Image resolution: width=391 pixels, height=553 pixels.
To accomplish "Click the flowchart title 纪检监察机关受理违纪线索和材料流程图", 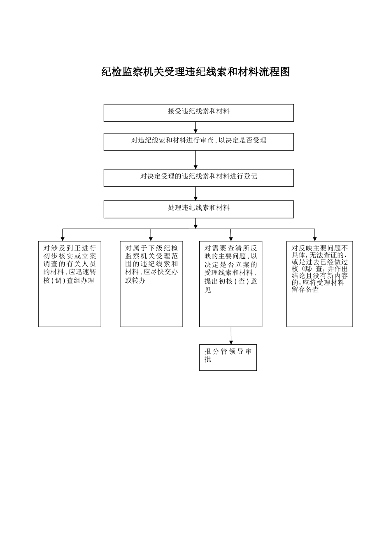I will (x=195, y=72).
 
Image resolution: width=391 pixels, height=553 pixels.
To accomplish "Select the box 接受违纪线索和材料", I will (x=198, y=113).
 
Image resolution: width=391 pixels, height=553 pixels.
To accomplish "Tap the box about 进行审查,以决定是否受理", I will (x=198, y=142).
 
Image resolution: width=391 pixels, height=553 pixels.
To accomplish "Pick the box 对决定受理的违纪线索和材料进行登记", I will (x=198, y=178).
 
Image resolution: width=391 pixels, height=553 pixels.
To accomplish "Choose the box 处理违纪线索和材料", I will (x=198, y=209).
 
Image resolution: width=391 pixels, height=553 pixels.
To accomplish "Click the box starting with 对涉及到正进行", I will (x=70, y=284).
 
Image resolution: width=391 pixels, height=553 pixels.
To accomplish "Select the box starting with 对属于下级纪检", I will (x=151, y=284).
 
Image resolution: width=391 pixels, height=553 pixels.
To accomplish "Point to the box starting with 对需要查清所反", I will (x=230, y=284).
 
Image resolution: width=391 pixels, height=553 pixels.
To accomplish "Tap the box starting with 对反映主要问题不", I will (x=319, y=284).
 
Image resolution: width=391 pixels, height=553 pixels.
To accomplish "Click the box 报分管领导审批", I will (x=228, y=357).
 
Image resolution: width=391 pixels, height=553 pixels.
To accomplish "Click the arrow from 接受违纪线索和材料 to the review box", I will (x=195, y=128).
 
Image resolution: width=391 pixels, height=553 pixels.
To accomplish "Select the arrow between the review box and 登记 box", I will (x=195, y=160).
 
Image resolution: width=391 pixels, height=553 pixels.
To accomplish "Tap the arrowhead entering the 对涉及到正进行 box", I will (x=63, y=238).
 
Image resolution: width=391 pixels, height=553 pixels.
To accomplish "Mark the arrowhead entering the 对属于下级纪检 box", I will (x=151, y=238).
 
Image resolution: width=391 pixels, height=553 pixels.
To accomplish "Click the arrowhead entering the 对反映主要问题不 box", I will (x=314, y=238).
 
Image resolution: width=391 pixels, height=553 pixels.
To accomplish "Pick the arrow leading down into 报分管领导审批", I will (x=231, y=336).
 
